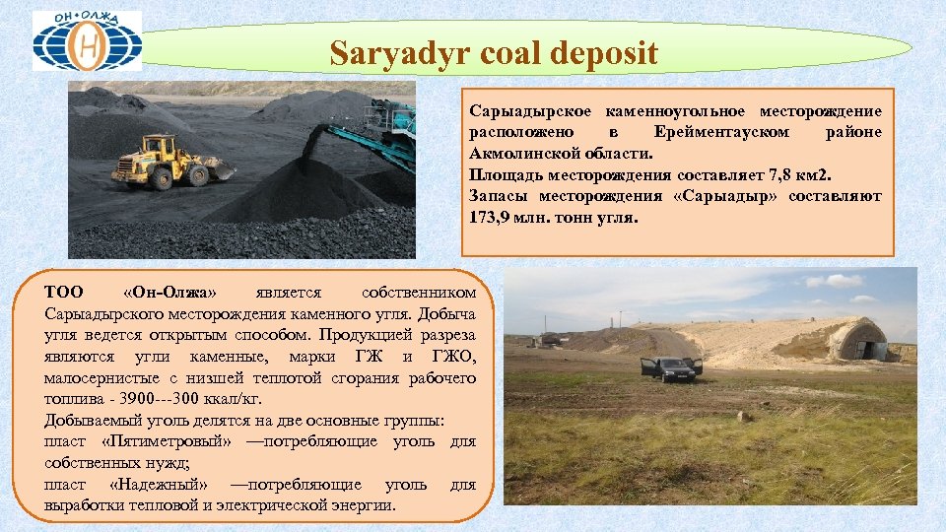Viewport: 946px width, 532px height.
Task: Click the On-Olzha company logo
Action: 87,41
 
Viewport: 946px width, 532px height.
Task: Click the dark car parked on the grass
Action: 673,369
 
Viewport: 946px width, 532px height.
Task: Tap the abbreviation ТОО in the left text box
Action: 64,293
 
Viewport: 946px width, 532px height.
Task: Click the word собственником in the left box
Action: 419,293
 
